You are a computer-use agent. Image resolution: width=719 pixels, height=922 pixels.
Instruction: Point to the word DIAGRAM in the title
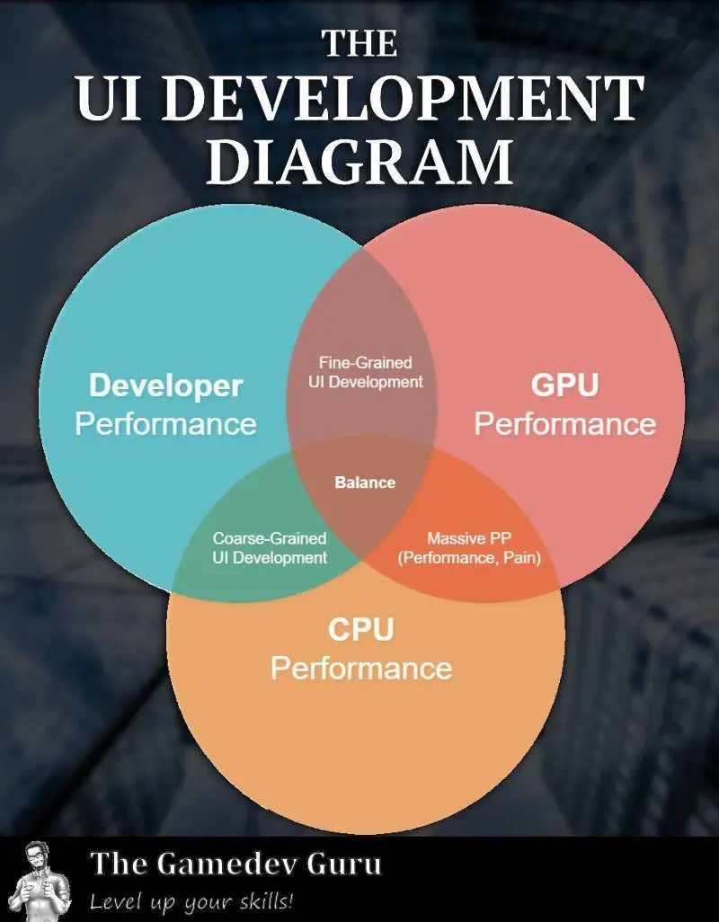359,162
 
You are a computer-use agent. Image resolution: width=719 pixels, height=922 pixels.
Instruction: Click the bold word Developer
165,386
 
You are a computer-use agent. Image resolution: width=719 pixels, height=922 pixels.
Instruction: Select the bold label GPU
564,386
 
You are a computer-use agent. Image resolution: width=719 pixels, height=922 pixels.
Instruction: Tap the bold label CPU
360,630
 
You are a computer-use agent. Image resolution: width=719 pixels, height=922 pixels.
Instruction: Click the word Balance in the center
365,483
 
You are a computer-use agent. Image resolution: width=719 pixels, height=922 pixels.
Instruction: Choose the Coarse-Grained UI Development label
270,548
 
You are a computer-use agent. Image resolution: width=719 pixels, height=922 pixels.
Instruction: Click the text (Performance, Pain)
475,558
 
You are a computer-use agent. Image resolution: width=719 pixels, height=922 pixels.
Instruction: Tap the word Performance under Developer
165,423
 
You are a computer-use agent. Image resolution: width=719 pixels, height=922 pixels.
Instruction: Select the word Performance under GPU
564,423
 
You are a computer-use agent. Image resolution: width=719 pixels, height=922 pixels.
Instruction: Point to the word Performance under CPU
360,668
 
